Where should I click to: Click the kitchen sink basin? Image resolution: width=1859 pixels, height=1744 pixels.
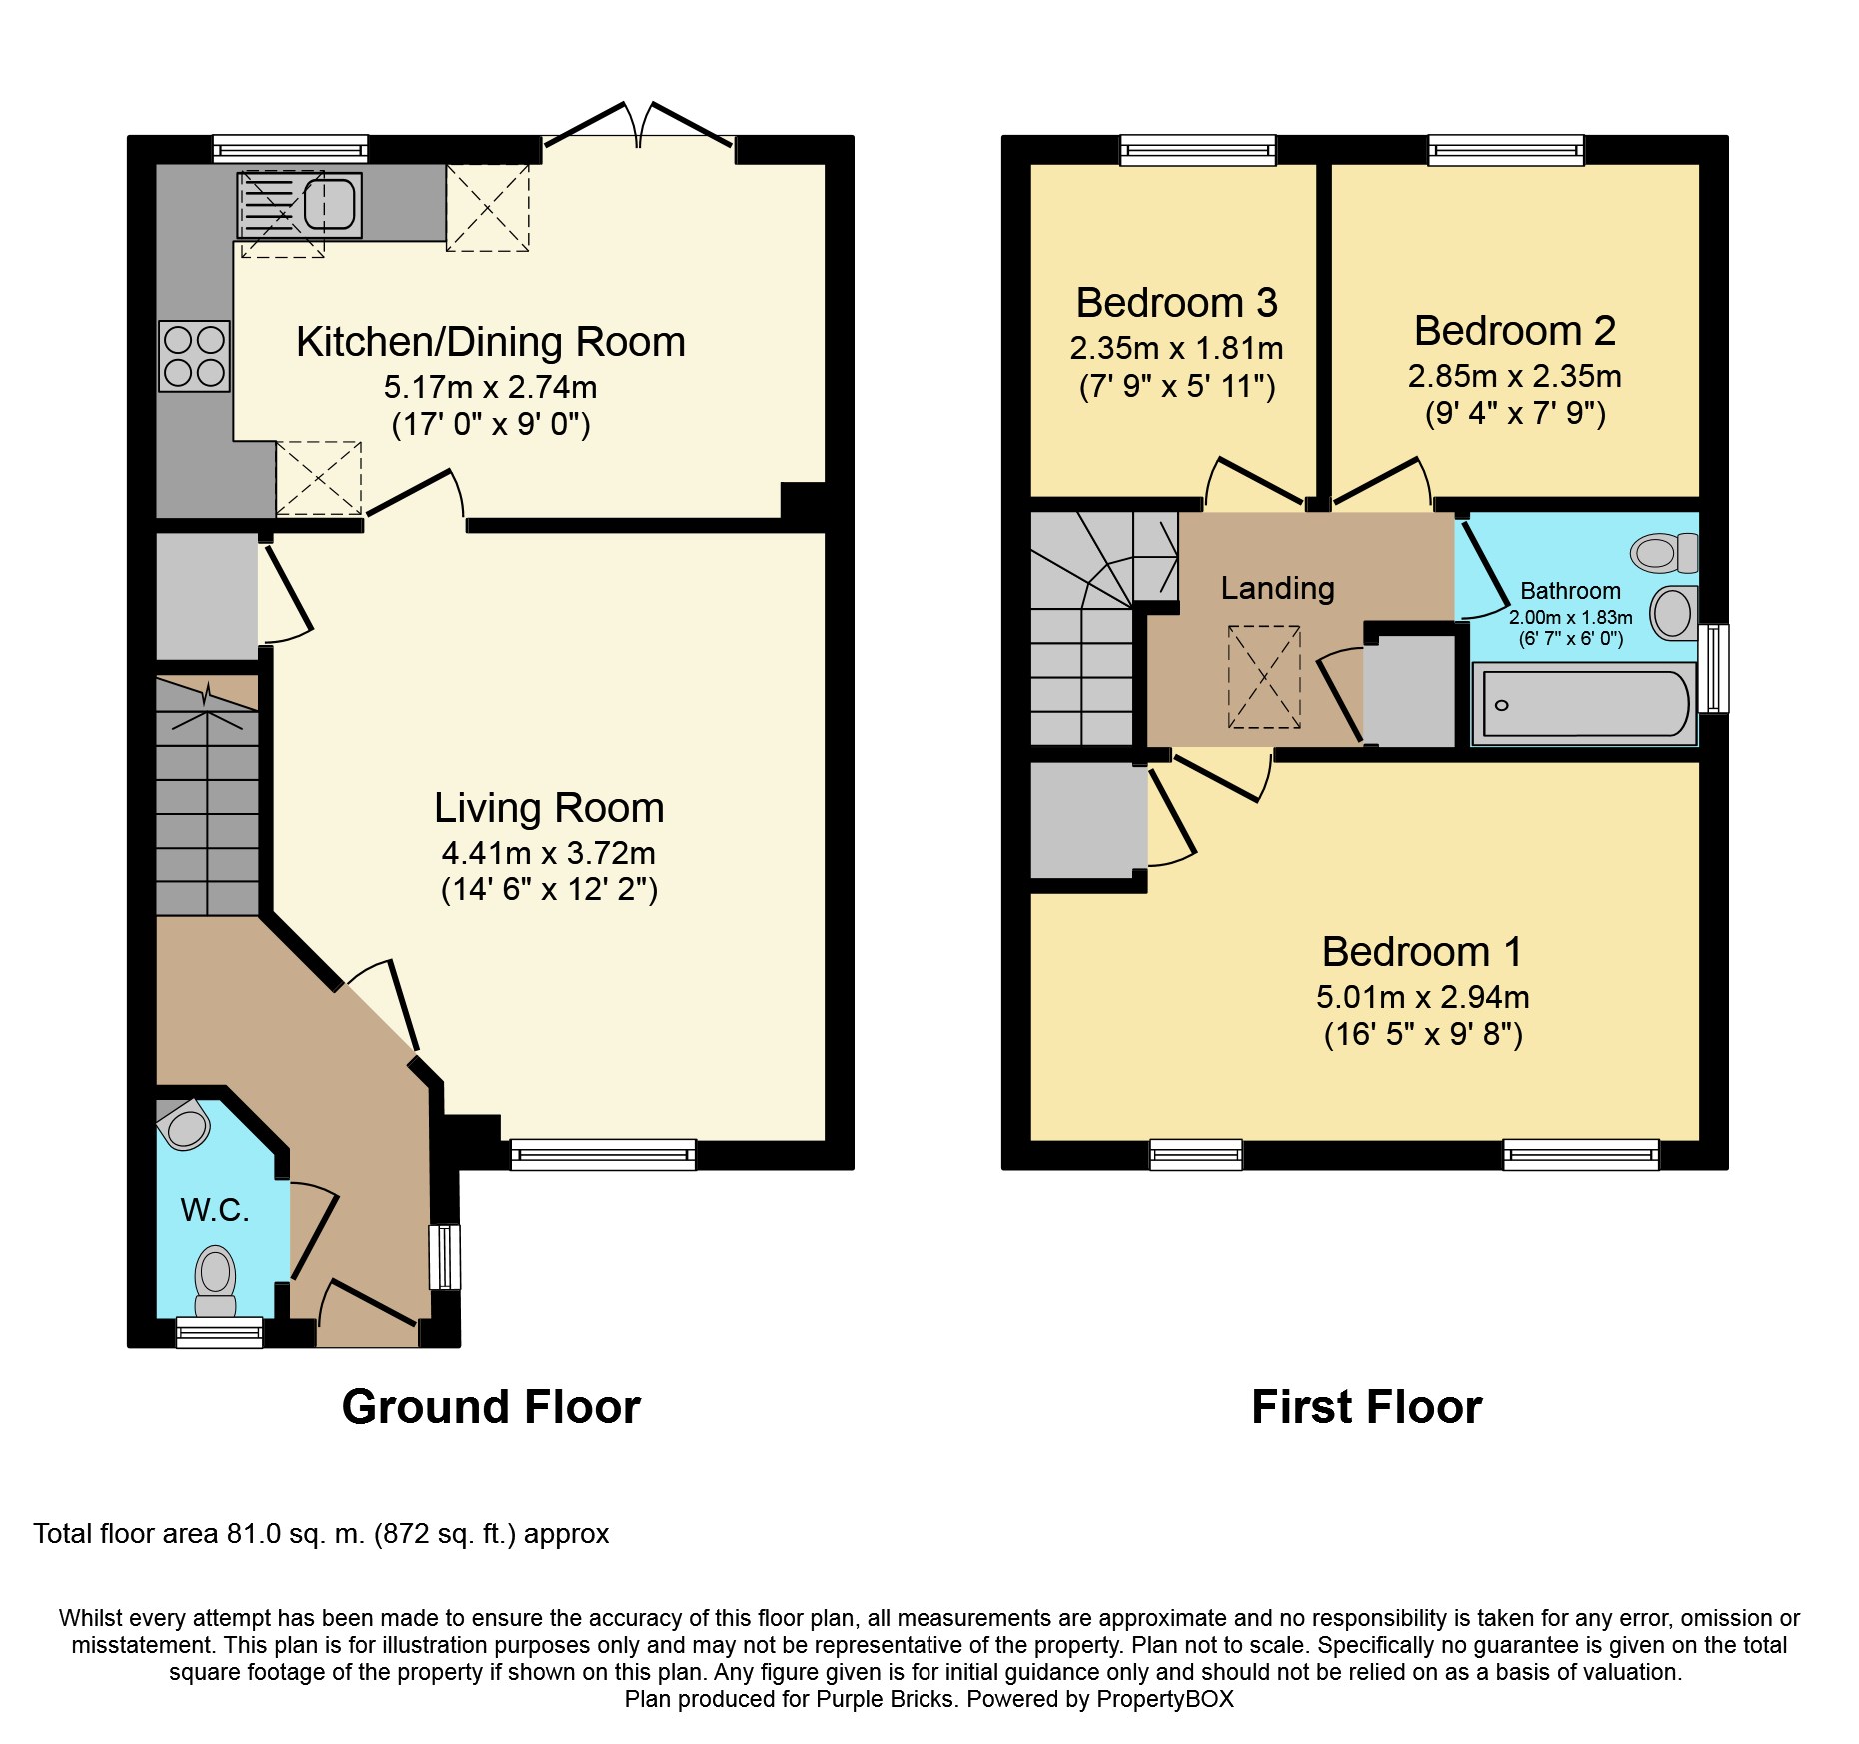329,205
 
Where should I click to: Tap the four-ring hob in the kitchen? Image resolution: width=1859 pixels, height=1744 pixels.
195,356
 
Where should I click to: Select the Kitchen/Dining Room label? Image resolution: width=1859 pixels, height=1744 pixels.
491,342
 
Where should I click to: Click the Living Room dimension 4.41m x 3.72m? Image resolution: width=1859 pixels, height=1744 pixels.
549,853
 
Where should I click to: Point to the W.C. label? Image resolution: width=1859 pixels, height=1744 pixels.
215,1210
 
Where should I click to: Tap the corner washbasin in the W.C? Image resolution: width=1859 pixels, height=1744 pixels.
185,1125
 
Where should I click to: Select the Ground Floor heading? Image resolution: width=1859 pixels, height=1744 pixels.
491,1407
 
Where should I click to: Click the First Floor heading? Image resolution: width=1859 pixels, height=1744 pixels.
1367,1407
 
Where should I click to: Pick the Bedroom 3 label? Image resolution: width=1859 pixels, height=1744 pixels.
1177,302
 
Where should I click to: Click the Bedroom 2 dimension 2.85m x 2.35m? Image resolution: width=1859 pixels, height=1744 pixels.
1515,376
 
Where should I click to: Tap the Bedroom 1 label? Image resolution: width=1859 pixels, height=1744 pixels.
1422,951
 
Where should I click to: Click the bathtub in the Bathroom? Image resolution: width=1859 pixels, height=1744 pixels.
1585,704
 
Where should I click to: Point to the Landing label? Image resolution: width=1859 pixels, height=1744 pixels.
1278,588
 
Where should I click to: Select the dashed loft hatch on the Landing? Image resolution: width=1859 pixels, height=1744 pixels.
1264,677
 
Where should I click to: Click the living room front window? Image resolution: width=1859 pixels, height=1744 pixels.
603,1155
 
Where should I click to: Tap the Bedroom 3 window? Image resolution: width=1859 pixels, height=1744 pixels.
1198,150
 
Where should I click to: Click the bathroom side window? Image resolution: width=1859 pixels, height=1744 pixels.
1714,668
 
